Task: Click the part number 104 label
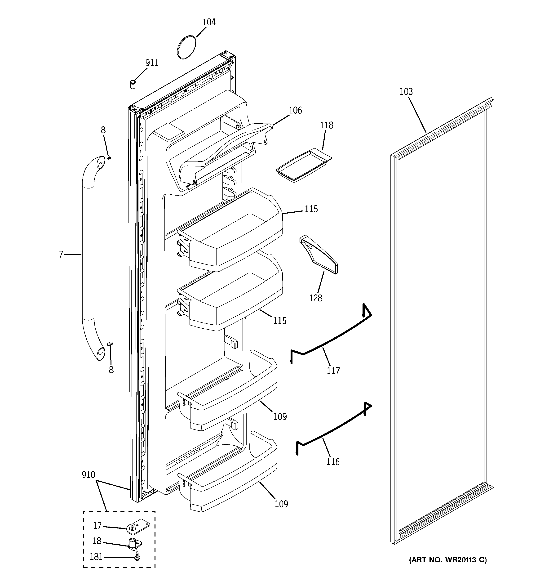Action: tap(209, 22)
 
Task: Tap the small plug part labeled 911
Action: tap(133, 84)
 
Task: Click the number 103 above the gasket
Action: tap(406, 92)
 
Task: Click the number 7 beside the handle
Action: tap(61, 254)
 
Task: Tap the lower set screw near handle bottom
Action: tap(111, 344)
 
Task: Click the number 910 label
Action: tap(89, 475)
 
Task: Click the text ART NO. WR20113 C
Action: tap(448, 560)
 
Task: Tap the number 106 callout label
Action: tap(295, 110)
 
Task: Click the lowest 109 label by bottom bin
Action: tap(281, 504)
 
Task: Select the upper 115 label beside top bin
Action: tap(311, 209)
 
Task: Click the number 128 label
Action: tap(316, 298)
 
